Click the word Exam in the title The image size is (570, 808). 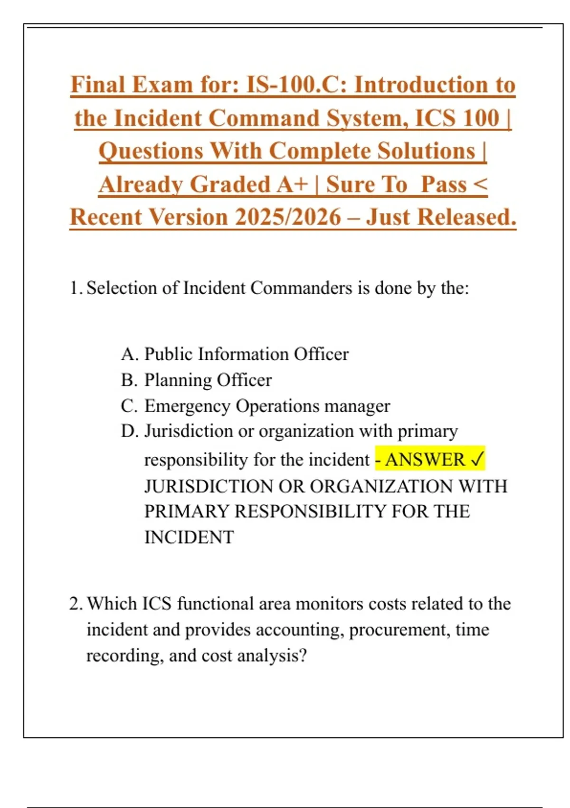[x=161, y=85]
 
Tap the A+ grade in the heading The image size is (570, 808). [x=293, y=184]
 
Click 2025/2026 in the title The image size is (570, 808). [x=288, y=217]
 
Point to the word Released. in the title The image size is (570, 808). [x=466, y=217]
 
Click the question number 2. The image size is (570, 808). [x=76, y=604]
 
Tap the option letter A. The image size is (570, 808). [x=129, y=354]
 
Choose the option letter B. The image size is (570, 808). [x=129, y=380]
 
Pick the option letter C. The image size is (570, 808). [x=129, y=406]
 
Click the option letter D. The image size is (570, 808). [x=129, y=431]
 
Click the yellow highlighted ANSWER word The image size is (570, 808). [x=425, y=460]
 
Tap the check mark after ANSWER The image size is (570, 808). [x=476, y=460]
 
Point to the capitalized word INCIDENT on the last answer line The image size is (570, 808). [x=189, y=537]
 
